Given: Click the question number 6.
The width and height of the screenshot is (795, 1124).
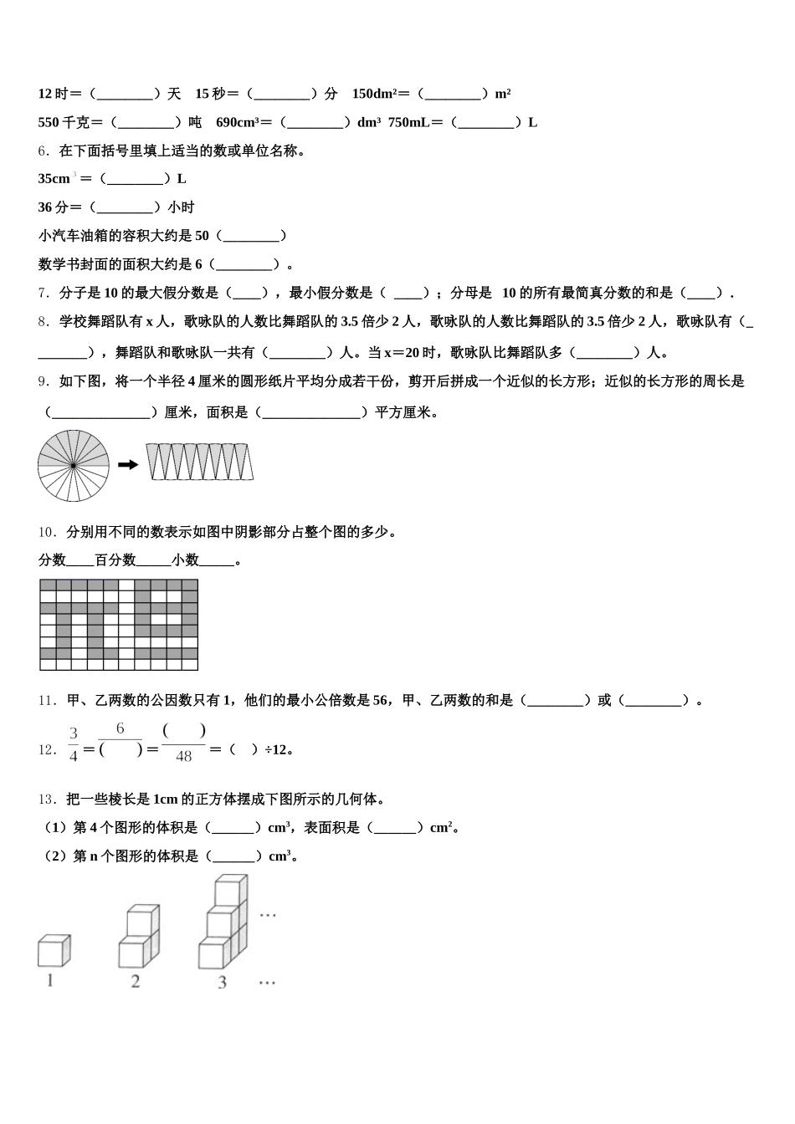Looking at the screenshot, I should pos(44,151).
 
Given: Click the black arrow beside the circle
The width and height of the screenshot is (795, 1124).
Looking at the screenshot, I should pos(128,465).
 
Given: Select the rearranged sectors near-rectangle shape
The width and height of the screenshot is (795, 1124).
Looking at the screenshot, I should pos(199,462).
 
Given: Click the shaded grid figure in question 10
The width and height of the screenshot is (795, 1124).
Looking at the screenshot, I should pos(119,625).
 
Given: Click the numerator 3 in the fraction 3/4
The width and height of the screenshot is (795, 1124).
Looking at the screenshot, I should pos(74,733).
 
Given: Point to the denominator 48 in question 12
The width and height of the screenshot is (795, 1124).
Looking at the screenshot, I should pos(183,757).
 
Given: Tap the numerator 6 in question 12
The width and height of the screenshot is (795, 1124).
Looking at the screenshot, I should pos(121,729).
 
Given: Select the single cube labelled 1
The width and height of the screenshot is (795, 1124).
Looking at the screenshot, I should pos(54,951).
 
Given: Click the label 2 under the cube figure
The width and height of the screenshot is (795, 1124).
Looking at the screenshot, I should pos(136,982).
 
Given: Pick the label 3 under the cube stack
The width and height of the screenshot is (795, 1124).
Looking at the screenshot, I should pos(222,983).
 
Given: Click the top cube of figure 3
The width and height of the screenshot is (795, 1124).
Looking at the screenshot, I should pos(231,891).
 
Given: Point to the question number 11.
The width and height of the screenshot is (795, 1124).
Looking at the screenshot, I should pos(47,700).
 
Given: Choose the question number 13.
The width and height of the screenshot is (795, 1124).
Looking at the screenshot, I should pos(47,799).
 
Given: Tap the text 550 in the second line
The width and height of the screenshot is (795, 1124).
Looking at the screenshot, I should pos(49,122).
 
